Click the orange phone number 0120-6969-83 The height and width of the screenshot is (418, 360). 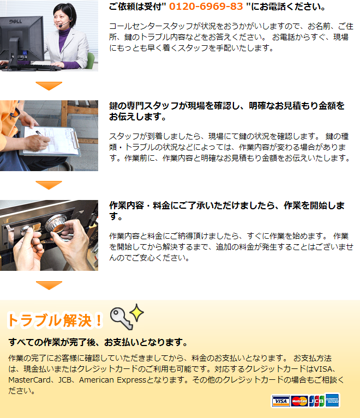coord(206,7)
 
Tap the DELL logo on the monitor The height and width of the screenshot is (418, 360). coord(16,21)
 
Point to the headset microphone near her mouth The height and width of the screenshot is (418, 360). coord(61,26)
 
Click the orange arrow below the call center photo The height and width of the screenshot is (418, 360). coord(49,86)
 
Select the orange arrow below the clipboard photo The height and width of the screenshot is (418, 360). coord(49,185)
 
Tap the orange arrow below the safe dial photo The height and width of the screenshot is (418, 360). coord(49,285)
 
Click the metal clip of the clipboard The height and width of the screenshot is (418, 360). coord(75,138)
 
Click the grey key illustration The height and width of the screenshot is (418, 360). coord(122,318)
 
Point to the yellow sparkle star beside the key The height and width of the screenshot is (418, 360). coord(136,312)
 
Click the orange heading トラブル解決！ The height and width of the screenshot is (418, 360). coord(55,320)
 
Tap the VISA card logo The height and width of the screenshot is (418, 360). coord(281,401)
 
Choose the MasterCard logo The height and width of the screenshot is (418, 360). coord(299,401)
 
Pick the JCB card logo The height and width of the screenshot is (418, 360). coord(317,401)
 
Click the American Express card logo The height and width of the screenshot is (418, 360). coord(332,401)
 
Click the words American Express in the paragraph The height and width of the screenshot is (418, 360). coord(112,380)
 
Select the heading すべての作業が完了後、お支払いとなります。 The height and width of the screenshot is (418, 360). coord(99,342)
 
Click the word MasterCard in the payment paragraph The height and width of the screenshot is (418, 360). coord(29,380)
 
